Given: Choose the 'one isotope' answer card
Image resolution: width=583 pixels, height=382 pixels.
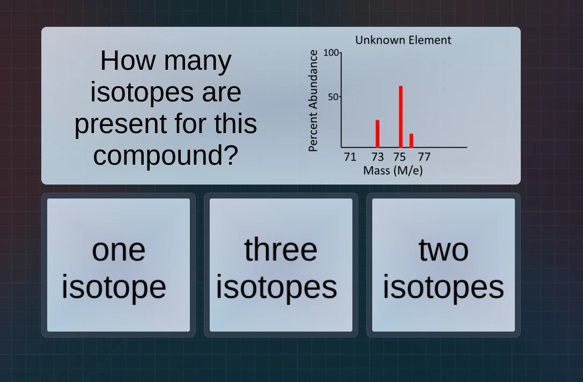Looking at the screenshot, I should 119,265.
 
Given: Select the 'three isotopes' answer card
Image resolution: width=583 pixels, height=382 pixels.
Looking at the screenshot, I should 281,265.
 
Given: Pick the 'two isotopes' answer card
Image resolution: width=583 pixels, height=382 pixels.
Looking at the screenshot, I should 443,265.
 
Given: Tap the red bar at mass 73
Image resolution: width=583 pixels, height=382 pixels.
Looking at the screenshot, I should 378,134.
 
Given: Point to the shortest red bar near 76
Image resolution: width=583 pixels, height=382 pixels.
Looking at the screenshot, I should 411,140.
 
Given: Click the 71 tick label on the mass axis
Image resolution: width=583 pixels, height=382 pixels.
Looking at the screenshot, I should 350,157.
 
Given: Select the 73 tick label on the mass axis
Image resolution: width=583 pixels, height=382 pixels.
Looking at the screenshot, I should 378,157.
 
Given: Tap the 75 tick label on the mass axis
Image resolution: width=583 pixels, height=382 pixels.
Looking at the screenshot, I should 400,157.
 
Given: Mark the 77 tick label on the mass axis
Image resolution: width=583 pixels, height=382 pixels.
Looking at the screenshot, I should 424,157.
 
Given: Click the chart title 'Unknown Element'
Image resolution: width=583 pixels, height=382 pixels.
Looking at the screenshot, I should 403,40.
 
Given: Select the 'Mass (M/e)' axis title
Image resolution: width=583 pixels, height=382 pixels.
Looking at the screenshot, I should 393,171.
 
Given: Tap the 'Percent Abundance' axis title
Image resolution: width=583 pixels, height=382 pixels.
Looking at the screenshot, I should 314,100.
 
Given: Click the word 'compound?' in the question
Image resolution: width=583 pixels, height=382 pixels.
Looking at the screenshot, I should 165,155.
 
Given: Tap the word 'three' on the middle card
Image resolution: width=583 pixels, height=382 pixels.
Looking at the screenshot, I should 281,249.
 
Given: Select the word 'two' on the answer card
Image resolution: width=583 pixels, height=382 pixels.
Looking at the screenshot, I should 443,249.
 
